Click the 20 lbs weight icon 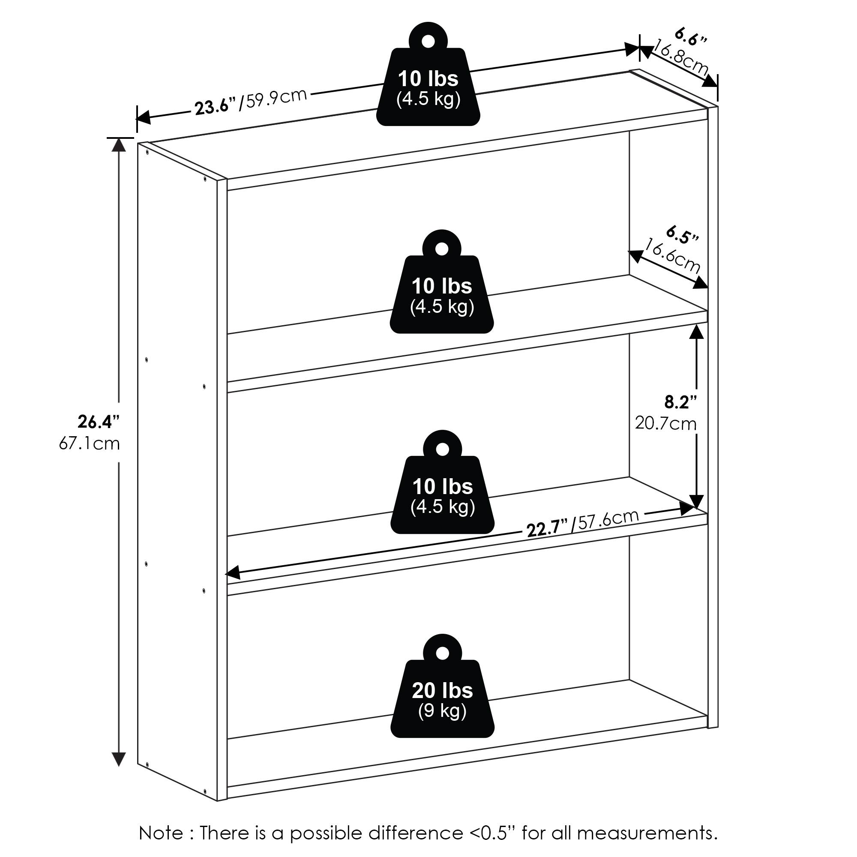(442, 695)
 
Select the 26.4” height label (99, 422)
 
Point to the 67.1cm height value (90, 443)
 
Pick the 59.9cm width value (276, 99)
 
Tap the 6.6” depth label (690, 37)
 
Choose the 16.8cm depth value (680, 58)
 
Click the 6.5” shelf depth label (683, 236)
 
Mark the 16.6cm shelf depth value (672, 256)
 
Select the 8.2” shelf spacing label (680, 402)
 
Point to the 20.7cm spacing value (666, 424)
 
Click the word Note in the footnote (161, 833)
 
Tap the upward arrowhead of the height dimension (118, 145)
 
